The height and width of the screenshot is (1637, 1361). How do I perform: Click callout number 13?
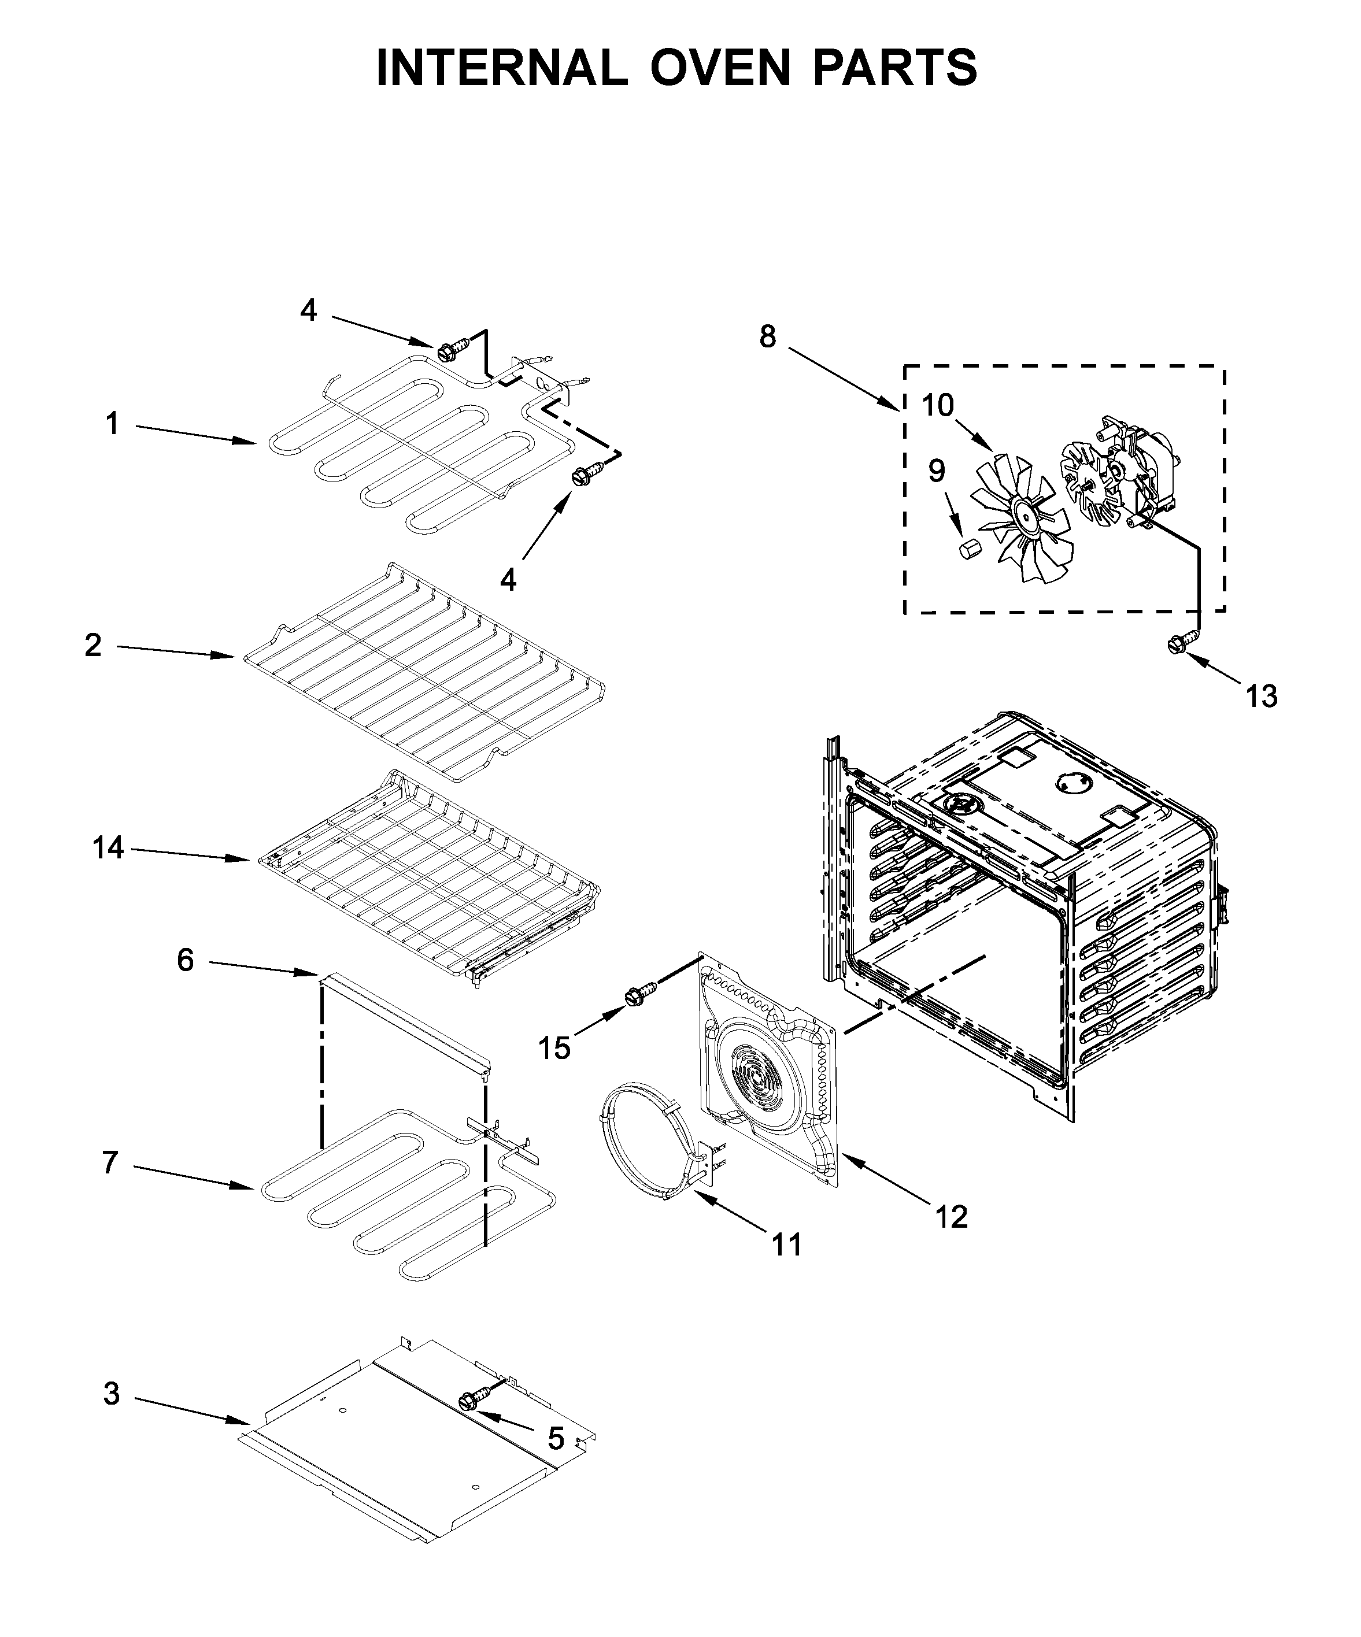pyautogui.click(x=1260, y=695)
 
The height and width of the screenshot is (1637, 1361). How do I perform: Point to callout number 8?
pyautogui.click(x=768, y=337)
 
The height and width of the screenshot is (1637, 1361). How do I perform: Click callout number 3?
pyautogui.click(x=112, y=1394)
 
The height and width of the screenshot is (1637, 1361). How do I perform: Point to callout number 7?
pyautogui.click(x=110, y=1162)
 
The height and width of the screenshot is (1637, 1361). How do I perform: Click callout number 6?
pyautogui.click(x=185, y=960)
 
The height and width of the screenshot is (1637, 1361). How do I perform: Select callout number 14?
pyautogui.click(x=108, y=847)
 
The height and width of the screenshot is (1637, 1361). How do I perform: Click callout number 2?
pyautogui.click(x=93, y=645)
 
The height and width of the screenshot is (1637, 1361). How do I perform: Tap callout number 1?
pyautogui.click(x=112, y=424)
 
